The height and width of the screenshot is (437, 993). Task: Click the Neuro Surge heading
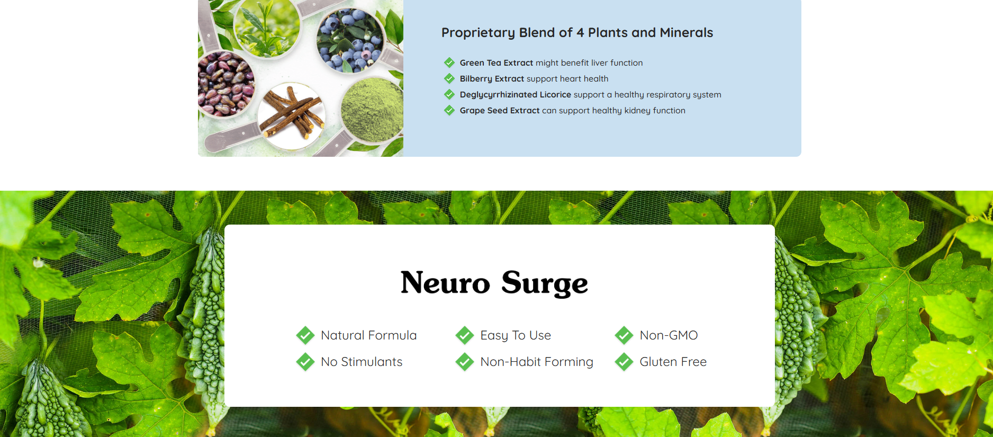click(x=494, y=283)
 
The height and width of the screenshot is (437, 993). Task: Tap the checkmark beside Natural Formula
click(x=305, y=335)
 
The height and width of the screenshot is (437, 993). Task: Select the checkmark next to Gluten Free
click(x=624, y=362)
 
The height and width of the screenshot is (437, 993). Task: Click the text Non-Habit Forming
click(x=537, y=362)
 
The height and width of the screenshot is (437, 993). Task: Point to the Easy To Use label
click(x=516, y=335)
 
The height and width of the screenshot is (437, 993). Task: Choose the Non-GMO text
click(x=669, y=335)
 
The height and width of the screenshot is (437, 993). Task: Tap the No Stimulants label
click(x=362, y=362)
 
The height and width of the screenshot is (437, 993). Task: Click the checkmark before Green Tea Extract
click(x=449, y=63)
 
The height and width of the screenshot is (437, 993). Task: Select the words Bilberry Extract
click(x=492, y=78)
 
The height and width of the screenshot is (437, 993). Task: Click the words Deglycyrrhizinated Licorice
click(x=516, y=95)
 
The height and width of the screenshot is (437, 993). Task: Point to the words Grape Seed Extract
click(x=500, y=110)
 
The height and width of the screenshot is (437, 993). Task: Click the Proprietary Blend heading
click(x=577, y=33)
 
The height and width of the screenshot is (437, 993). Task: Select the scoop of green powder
click(x=372, y=110)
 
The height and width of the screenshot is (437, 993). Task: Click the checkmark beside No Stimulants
click(x=305, y=362)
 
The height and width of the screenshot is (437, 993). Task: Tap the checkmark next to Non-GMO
click(x=624, y=335)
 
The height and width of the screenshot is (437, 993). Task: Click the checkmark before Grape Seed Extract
click(x=449, y=110)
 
